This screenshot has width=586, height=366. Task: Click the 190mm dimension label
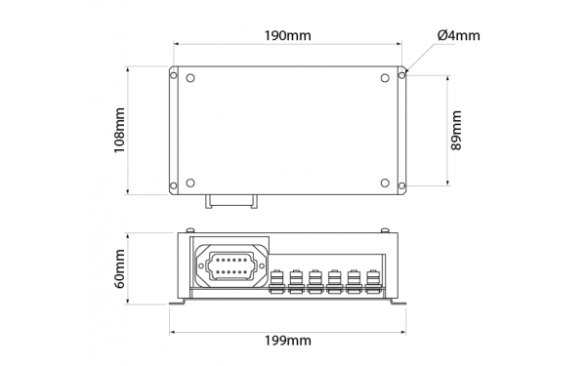tap(288, 36)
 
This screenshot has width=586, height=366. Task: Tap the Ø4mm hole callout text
tap(458, 36)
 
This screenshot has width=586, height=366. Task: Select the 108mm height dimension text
tap(119, 130)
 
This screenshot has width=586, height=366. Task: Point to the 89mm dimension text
tap(456, 130)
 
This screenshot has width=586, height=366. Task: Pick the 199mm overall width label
tap(288, 341)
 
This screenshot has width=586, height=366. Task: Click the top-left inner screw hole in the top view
tap(190, 78)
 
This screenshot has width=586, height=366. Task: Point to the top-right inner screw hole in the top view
tap(382, 78)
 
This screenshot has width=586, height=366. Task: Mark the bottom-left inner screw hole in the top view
tap(190, 182)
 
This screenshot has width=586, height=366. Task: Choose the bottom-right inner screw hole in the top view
tap(382, 182)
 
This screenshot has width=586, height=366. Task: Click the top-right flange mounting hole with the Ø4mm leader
tap(401, 72)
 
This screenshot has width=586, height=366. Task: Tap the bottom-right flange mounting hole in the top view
tap(401, 187)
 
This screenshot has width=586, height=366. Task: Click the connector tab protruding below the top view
tap(231, 202)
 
